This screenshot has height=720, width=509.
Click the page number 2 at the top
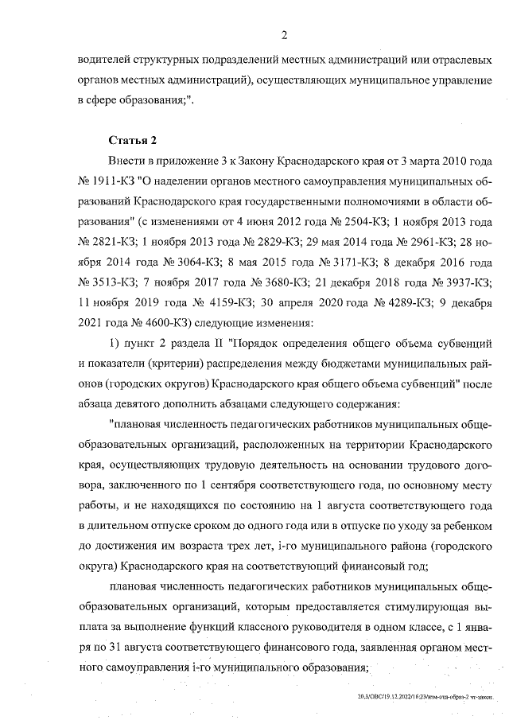tap(284, 33)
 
